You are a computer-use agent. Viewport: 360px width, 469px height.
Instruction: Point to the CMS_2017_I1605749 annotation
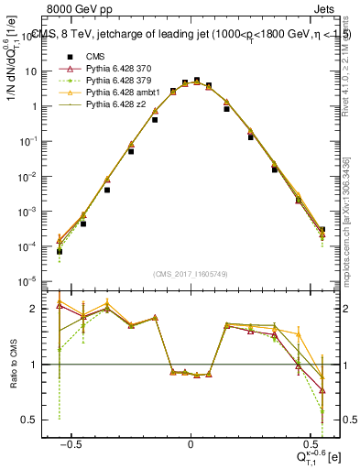coord(190,274)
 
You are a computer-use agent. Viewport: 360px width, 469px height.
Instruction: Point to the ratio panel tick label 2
coord(40,309)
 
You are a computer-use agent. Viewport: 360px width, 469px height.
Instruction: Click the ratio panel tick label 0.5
coord(36,420)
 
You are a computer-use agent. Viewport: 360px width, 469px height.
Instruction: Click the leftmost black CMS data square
coord(60,251)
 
